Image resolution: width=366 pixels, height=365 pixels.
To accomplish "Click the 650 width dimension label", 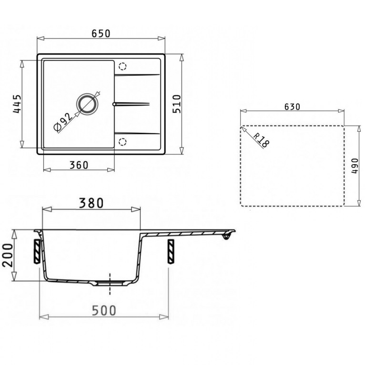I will pyautogui.click(x=101, y=34).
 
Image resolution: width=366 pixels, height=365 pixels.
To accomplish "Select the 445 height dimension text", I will pyautogui.click(x=16, y=104).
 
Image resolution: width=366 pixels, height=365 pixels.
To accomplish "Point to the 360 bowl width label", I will pyautogui.click(x=79, y=165).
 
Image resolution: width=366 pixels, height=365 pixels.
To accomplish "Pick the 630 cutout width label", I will pyautogui.click(x=292, y=107).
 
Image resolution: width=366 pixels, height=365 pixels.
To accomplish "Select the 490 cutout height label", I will pyautogui.click(x=353, y=166).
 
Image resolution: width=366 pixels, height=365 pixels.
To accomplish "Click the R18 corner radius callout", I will pyautogui.click(x=261, y=141).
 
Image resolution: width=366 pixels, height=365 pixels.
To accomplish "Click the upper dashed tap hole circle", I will pyautogui.click(x=122, y=67).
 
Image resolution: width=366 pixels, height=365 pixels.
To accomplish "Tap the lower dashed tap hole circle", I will pyautogui.click(x=122, y=141).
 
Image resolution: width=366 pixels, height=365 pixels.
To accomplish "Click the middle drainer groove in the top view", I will pyautogui.click(x=132, y=103).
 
